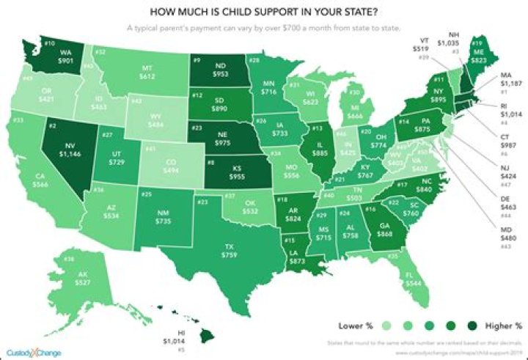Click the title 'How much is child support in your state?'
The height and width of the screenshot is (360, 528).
click(x=264, y=12)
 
